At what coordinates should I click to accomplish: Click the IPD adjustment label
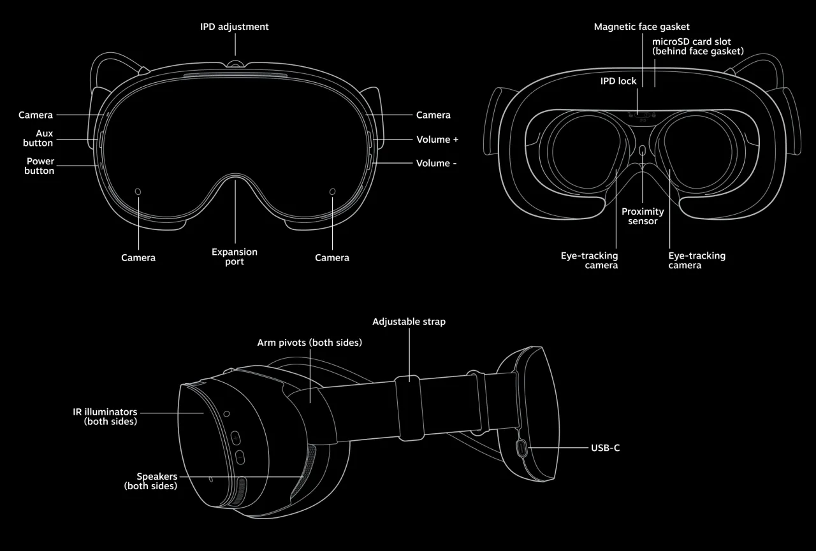click(235, 27)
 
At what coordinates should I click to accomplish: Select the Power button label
click(40, 166)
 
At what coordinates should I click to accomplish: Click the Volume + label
click(437, 140)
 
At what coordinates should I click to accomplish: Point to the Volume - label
click(437, 164)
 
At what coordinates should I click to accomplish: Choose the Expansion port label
click(235, 257)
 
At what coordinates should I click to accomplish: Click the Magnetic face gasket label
click(641, 27)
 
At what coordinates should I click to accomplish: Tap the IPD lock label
click(618, 81)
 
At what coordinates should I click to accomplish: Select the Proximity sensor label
click(643, 216)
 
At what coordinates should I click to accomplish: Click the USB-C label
click(605, 448)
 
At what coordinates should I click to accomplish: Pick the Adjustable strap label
click(409, 322)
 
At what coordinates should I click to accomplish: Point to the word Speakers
click(157, 476)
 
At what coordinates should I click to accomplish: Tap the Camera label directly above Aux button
click(36, 115)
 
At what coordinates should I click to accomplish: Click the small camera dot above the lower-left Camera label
click(138, 191)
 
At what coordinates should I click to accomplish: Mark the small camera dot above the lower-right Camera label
click(332, 191)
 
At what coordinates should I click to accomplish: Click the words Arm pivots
click(281, 343)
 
